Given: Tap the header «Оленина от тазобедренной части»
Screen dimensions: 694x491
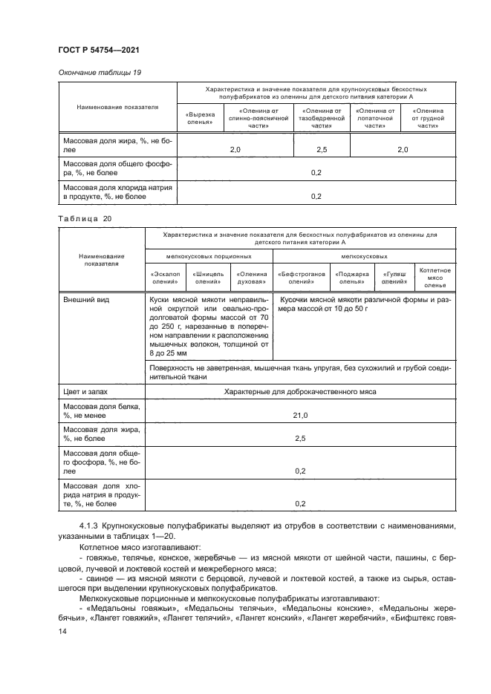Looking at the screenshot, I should click(321, 119).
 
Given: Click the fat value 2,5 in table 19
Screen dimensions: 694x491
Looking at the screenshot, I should click(322, 150).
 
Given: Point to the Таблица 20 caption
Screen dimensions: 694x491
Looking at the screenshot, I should click(84, 218).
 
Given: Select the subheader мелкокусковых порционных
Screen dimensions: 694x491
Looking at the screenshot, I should click(209, 255).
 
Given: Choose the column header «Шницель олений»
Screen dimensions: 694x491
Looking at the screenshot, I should click(209, 278).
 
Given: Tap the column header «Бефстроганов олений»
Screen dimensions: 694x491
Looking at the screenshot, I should click(301, 278).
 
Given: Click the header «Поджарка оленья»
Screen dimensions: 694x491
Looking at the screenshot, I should click(351, 278).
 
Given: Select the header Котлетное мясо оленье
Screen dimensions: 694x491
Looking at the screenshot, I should click(435, 278).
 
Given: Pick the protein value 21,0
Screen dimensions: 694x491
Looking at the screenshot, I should click(301, 416).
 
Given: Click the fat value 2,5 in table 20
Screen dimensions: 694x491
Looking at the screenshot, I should click(301, 439).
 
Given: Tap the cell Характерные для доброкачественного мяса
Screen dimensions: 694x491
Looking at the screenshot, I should click(301, 390).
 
